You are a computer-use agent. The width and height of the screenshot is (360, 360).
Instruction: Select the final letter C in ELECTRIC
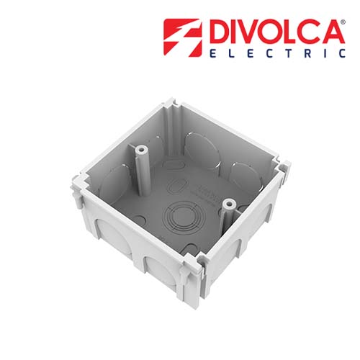point(339,53)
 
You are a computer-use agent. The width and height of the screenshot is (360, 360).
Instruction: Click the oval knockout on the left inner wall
point(115,180)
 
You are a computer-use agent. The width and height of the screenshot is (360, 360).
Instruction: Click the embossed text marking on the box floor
point(204,194)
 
